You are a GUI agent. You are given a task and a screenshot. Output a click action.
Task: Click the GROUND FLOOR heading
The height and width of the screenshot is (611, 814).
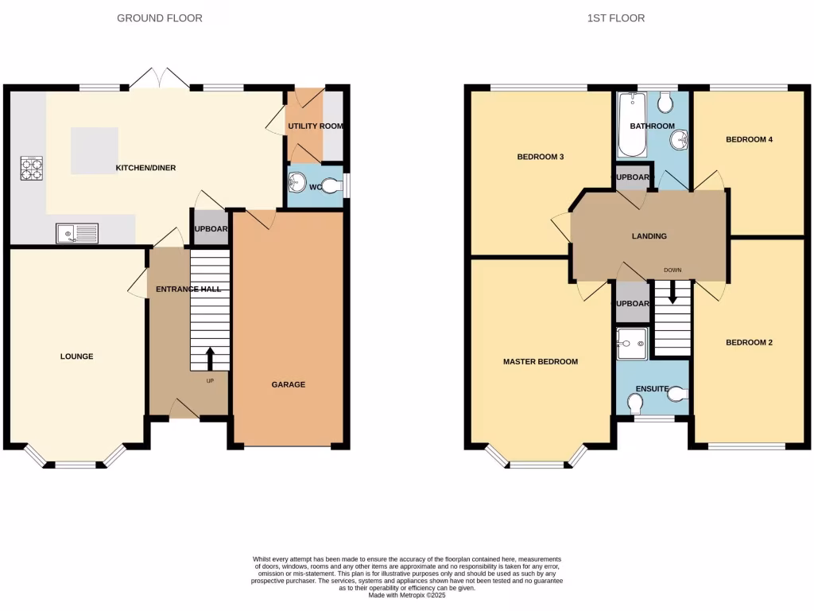(x=159, y=18)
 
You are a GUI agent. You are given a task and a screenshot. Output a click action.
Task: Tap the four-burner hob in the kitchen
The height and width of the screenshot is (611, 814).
(x=32, y=169)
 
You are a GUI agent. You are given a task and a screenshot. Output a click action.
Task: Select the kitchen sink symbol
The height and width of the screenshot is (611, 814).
(x=77, y=233)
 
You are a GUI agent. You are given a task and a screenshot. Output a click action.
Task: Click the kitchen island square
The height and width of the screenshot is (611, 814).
(x=95, y=150)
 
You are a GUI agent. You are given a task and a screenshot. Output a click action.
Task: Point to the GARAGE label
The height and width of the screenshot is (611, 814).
(x=289, y=384)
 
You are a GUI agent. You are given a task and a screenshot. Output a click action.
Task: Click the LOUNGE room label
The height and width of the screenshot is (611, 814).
(x=77, y=356)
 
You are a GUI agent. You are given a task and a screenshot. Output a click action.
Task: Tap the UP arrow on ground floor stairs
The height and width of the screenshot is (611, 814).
(x=210, y=359)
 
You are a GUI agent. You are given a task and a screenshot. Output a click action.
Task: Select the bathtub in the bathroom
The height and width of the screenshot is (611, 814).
(x=633, y=125)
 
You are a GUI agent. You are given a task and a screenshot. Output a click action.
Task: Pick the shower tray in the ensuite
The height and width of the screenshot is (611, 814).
(x=633, y=344)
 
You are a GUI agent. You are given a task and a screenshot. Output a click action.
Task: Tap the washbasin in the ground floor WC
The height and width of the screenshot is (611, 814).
(x=297, y=182)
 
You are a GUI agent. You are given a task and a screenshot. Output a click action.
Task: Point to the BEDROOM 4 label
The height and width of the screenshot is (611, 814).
(x=749, y=139)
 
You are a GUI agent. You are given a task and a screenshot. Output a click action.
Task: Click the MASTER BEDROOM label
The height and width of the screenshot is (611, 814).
(x=541, y=361)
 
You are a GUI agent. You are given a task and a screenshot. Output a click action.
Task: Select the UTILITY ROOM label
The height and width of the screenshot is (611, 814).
(x=316, y=126)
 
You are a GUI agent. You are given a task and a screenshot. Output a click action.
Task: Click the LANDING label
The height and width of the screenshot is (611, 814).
(x=649, y=236)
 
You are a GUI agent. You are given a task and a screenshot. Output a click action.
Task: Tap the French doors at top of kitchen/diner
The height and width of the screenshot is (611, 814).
(x=160, y=79)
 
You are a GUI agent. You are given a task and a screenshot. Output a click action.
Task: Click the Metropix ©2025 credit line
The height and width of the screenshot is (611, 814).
(x=406, y=596)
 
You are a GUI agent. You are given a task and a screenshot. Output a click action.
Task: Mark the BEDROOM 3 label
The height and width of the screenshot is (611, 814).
(x=541, y=157)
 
